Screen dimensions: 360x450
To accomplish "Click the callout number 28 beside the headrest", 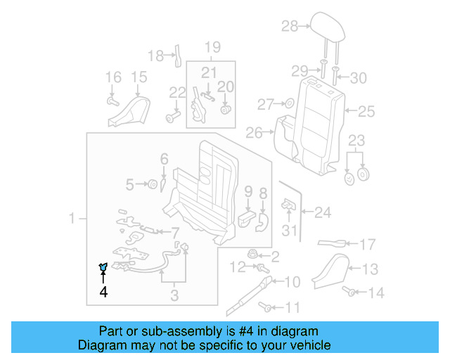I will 290,27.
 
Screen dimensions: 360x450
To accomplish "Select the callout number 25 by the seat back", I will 367,110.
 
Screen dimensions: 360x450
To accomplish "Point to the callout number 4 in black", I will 104,291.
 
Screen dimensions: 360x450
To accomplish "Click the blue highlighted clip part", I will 103,266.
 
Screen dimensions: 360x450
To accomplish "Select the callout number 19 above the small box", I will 212,48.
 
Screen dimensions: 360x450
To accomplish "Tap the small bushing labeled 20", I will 226,109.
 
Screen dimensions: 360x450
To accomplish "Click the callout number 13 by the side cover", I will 371,268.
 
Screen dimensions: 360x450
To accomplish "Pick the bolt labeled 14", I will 348,291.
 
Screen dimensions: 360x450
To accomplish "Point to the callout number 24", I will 322,211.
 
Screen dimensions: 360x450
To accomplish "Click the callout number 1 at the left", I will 72,220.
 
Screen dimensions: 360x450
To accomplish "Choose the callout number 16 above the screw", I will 113,77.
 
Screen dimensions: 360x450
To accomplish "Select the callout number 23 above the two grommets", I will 357,140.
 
